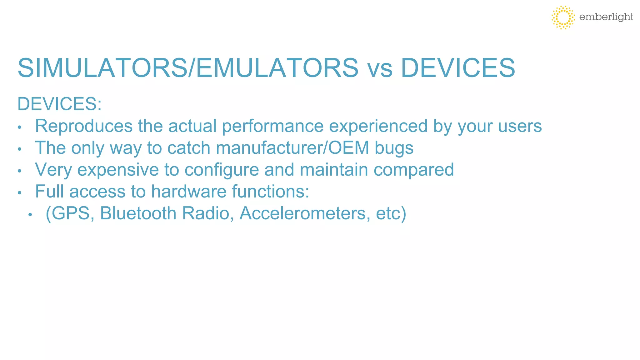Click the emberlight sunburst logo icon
point(563,17)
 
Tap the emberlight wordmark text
point(606,17)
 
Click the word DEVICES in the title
point(457,68)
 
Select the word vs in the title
point(380,69)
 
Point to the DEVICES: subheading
point(59,104)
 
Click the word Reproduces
point(84,126)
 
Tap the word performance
point(272,127)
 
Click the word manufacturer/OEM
point(292,148)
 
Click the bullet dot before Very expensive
point(19,171)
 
